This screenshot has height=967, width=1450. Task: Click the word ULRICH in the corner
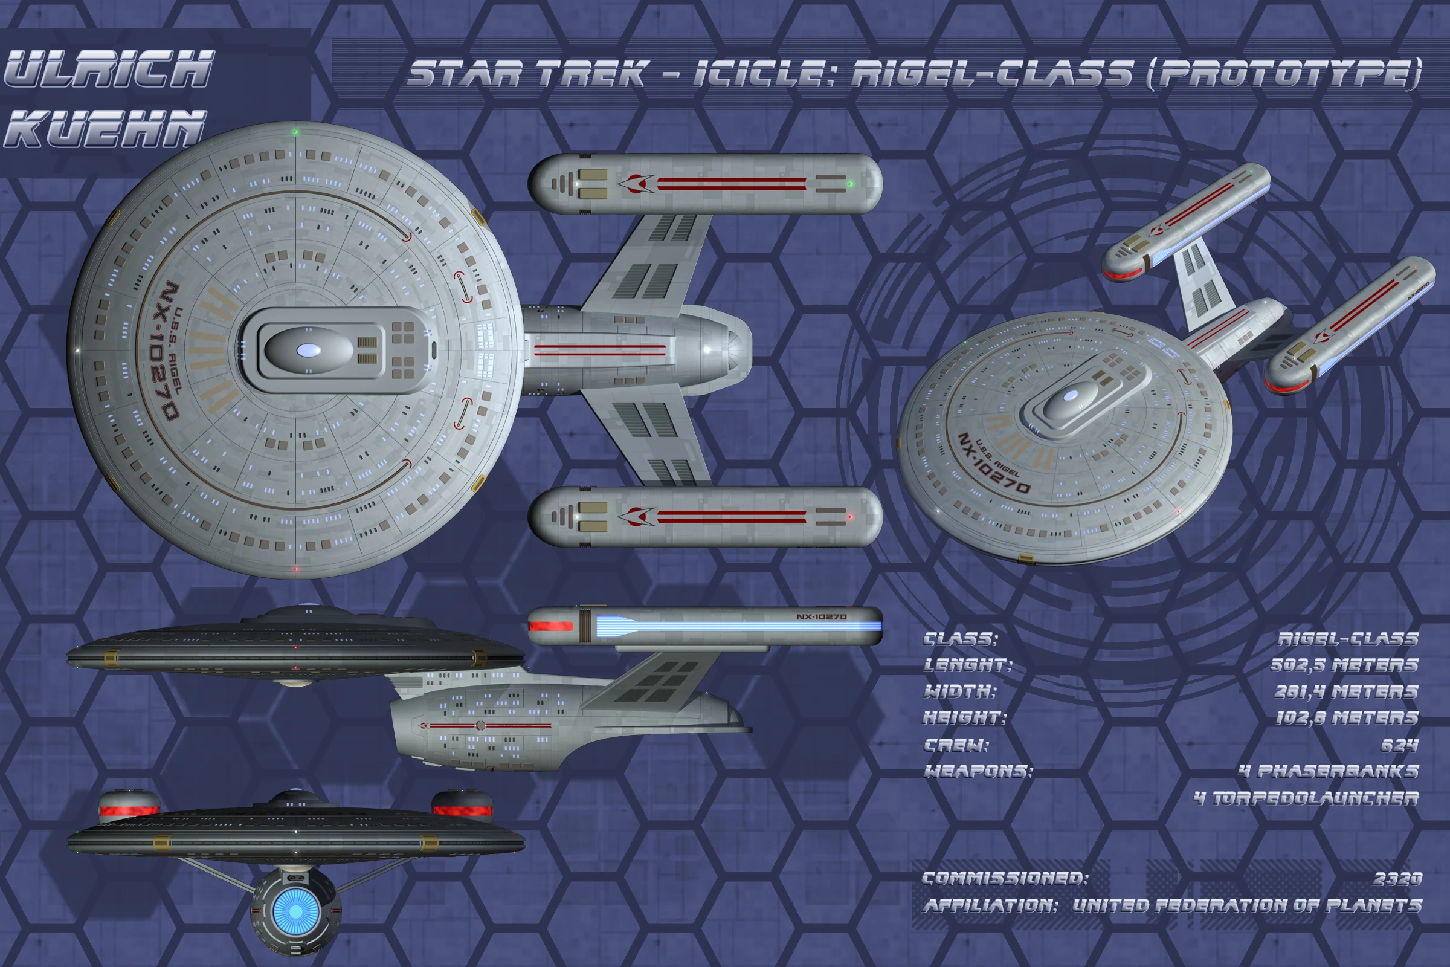point(110,69)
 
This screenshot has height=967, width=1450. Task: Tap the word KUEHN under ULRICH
point(105,129)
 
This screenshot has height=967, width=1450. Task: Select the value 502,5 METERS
point(1344,665)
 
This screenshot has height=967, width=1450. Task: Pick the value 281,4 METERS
point(1346,691)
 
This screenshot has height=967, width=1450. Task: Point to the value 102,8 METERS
point(1347,718)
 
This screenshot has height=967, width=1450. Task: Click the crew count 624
point(1399,746)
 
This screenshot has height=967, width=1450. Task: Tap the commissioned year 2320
point(1397,879)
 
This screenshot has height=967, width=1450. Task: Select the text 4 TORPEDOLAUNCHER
point(1306,798)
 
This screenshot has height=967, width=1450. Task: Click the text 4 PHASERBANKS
point(1329,772)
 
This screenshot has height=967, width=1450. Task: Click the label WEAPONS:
point(978,772)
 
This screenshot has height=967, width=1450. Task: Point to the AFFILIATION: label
point(990,905)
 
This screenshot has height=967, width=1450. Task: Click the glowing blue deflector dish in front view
point(296,911)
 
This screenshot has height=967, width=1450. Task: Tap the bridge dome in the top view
point(308,351)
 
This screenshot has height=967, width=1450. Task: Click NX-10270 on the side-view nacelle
point(821,616)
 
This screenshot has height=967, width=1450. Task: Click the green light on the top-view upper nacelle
point(850,184)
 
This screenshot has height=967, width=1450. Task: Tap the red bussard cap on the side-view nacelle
point(550,626)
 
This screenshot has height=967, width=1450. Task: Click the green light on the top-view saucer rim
point(296,132)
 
